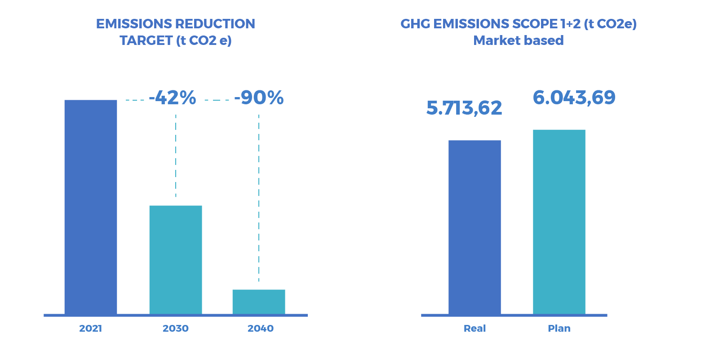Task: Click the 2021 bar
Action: [91, 207]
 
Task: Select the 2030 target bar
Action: [176, 260]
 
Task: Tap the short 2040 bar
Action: [259, 302]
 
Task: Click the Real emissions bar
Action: [475, 227]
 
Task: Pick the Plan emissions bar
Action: [559, 222]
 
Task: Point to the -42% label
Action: [173, 98]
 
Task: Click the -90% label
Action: [259, 98]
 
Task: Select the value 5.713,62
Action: [464, 108]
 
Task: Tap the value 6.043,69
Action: [574, 98]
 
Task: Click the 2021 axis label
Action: [90, 328]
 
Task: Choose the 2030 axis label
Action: [176, 328]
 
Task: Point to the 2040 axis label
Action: [260, 328]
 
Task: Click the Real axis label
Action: [475, 328]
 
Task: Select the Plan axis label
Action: [559, 328]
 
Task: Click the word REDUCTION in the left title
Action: [215, 24]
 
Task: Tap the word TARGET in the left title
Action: [146, 40]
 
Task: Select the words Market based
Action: [518, 40]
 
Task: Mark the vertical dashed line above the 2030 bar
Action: [176, 156]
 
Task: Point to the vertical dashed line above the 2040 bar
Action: [259, 198]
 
